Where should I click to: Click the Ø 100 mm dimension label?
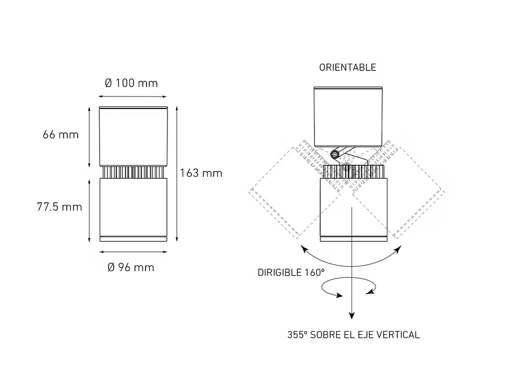point(131,83)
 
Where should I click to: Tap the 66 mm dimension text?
point(60,135)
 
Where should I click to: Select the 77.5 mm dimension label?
point(59,206)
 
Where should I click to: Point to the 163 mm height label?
point(201,173)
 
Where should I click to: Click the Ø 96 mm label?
point(131,267)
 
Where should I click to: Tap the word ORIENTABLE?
point(347,67)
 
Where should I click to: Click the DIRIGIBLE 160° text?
point(291,272)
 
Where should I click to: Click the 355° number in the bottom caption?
point(297,335)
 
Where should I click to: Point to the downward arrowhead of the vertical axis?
point(351,315)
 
